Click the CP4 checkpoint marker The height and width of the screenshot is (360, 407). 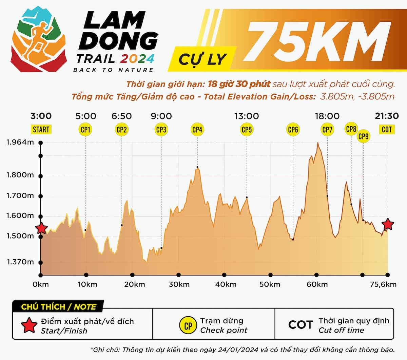pyautogui.click(x=197, y=129)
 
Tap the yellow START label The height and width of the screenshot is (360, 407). pyautogui.click(x=41, y=129)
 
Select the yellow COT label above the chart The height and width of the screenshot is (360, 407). pyautogui.click(x=387, y=129)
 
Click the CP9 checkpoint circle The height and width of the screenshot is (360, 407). pyautogui.click(x=363, y=136)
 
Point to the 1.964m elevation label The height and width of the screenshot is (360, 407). pyautogui.click(x=20, y=142)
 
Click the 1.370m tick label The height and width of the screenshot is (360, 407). pyautogui.click(x=20, y=262)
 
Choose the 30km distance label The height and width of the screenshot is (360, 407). pyautogui.click(x=179, y=284)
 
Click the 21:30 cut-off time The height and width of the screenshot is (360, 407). pyautogui.click(x=387, y=116)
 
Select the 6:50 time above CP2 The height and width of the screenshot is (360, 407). pyautogui.click(x=121, y=116)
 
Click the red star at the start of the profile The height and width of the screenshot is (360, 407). pyautogui.click(x=41, y=228)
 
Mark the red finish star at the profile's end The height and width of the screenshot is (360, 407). pyautogui.click(x=388, y=224)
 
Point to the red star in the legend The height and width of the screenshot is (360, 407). pyautogui.click(x=29, y=326)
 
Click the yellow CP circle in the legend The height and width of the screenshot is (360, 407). pyautogui.click(x=188, y=326)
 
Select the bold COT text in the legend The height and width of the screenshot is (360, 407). pyautogui.click(x=300, y=325)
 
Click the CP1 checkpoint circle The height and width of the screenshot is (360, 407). pyautogui.click(x=85, y=129)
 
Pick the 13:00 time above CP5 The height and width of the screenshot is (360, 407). pyautogui.click(x=247, y=116)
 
